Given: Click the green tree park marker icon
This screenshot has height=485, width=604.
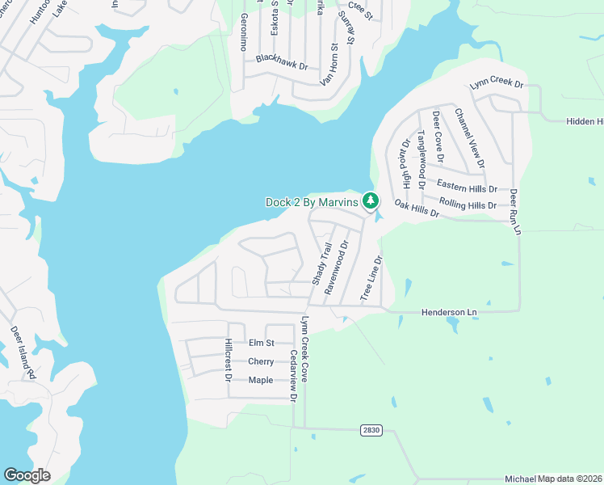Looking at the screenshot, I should tap(370, 199).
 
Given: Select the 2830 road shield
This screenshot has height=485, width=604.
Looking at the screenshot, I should tap(371, 430).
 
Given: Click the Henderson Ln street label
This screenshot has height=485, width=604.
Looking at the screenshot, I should tap(450, 312).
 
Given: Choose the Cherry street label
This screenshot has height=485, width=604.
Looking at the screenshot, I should tap(261, 361).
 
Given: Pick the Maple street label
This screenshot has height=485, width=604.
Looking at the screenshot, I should tap(261, 380).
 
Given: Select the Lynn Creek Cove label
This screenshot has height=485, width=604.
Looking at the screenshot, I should tap(304, 349).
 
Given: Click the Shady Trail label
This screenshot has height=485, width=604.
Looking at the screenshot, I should tap(322, 264).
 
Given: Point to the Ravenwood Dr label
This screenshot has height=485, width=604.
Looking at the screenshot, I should tap(337, 266).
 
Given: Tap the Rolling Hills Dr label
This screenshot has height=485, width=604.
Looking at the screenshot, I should tap(468, 205).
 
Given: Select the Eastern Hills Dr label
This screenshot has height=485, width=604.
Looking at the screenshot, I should tap(467, 188).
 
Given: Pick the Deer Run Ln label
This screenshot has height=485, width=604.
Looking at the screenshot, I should tap(514, 212).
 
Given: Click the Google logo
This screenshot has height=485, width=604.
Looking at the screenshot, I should tap(27, 475).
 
